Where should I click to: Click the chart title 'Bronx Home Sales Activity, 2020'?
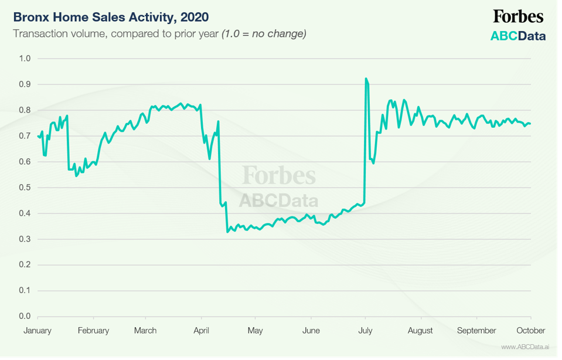click(111, 16)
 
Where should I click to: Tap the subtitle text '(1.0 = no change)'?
click(264, 33)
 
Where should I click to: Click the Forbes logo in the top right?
click(518, 16)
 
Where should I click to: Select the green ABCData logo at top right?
click(518, 36)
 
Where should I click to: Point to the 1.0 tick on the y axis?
click(25, 59)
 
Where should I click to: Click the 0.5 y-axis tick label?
click(25, 188)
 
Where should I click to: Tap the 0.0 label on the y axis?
click(25, 317)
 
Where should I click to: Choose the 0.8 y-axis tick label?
click(25, 110)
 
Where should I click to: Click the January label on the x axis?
click(38, 331)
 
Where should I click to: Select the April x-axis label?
click(201, 331)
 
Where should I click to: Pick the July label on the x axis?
click(365, 331)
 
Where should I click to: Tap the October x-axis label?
click(531, 331)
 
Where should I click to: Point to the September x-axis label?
click(476, 331)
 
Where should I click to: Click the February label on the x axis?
click(93, 331)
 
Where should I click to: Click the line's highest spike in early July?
click(366, 79)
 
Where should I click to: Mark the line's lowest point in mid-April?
click(227, 232)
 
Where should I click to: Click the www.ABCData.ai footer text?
click(524, 347)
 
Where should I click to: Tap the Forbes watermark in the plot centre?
click(279, 175)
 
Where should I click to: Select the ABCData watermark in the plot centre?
click(279, 201)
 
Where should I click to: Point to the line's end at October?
click(530, 124)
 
